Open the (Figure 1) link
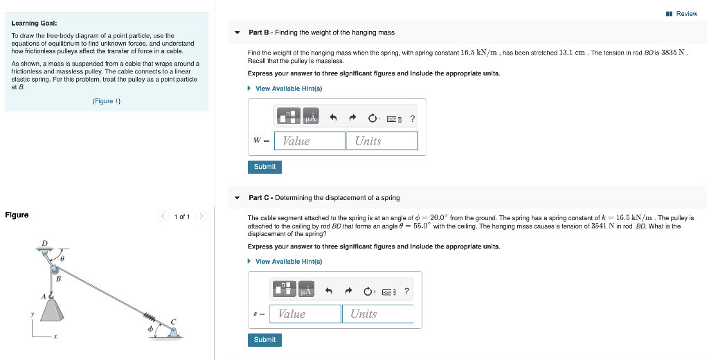click(107, 101)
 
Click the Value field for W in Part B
click(309, 141)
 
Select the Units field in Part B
click(382, 141)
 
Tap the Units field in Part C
click(377, 314)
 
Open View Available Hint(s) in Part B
click(288, 89)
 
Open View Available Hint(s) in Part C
click(288, 262)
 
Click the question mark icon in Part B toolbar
click(413, 118)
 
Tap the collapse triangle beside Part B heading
click(237, 33)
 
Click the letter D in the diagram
click(45, 242)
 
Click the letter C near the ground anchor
click(174, 321)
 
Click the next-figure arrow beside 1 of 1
click(201, 217)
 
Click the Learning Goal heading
click(30, 23)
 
